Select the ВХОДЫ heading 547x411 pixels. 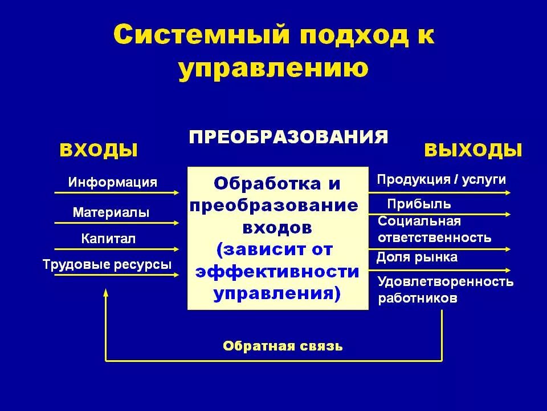(99, 150)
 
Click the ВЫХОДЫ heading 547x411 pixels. (473, 150)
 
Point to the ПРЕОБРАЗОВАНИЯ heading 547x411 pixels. (289, 137)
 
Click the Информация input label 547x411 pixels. (113, 183)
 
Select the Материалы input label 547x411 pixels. (111, 213)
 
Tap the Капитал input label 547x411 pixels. (108, 239)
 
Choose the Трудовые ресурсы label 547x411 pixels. (107, 265)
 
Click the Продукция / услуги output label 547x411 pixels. (441, 180)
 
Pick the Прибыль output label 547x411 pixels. (419, 204)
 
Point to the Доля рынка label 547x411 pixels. (417, 257)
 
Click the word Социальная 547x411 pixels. (419, 221)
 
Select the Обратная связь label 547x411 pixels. (283, 346)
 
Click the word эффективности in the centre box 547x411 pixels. (277, 272)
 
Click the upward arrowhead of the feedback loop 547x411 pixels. (105, 292)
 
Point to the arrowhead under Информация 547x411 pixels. (177, 193)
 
